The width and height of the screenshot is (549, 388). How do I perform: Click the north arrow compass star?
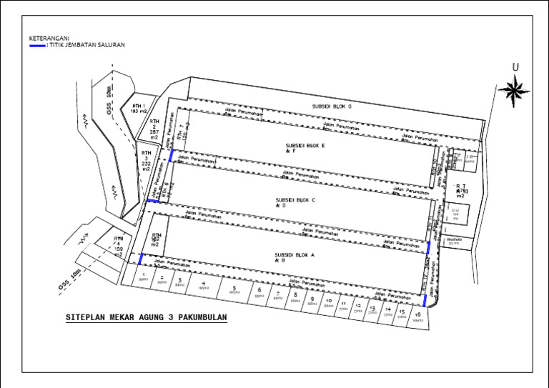point(513,89)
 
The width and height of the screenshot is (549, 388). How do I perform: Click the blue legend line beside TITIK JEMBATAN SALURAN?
point(37,45)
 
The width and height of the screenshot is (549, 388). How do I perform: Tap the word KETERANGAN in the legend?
point(49,37)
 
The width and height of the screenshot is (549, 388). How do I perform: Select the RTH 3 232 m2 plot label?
point(146,161)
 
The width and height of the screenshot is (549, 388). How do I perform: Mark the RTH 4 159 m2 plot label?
point(119,246)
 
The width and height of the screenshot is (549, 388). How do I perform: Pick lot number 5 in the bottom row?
point(234,289)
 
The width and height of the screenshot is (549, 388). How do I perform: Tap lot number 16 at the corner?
point(417,316)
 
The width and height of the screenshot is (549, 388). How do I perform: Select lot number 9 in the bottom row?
point(311,300)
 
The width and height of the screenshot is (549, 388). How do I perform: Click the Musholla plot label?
point(454,242)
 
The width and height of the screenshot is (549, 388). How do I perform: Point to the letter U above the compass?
point(514,68)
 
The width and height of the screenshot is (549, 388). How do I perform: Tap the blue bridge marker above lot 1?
point(141,259)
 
